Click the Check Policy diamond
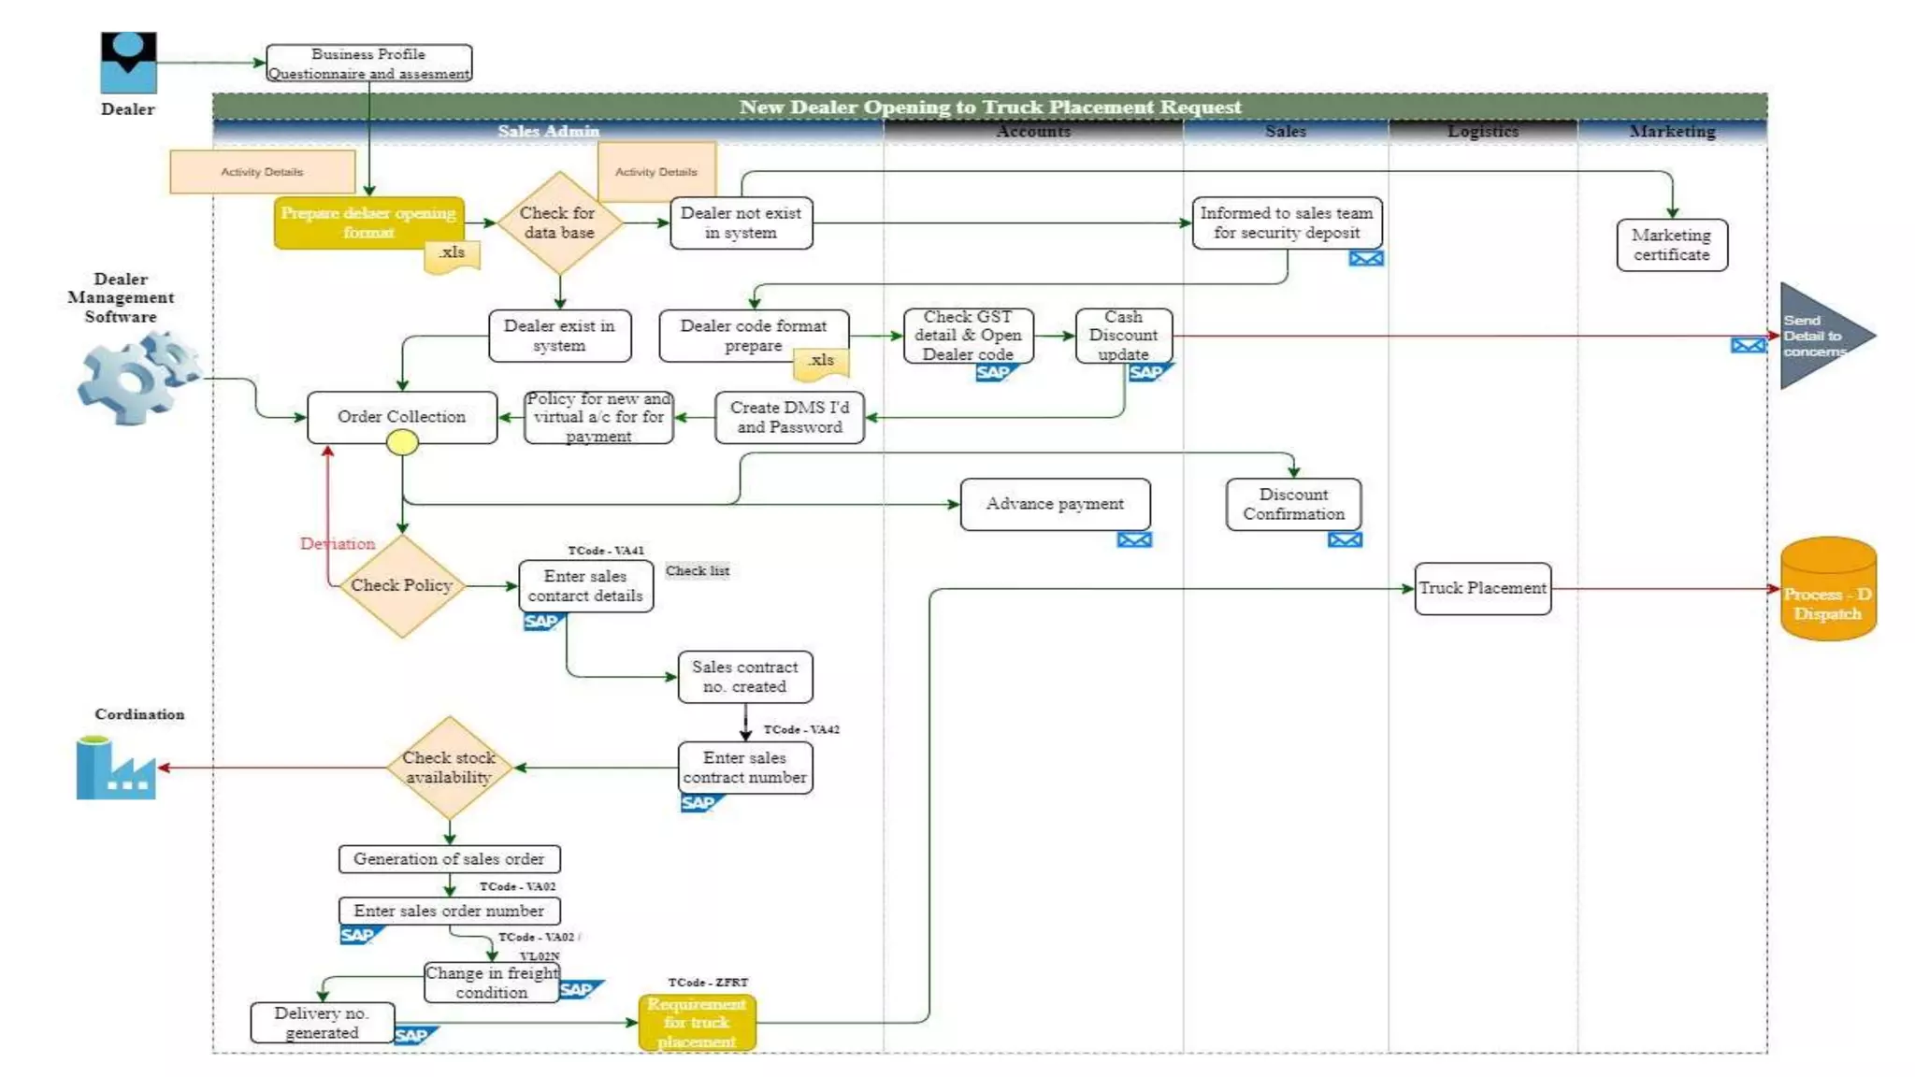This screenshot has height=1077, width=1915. tap(401, 586)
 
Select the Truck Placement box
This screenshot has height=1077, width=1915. tap(1482, 588)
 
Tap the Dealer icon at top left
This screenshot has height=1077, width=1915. tap(128, 63)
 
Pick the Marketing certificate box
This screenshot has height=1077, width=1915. tap(1671, 245)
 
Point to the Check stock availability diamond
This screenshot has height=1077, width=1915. tap(449, 768)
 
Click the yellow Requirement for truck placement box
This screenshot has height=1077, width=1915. tap(697, 1023)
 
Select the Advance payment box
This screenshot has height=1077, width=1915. tap(1055, 504)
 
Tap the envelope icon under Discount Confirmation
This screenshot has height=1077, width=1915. tap(1345, 540)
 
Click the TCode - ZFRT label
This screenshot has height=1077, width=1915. tap(708, 983)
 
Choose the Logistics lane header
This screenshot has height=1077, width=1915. tap(1482, 132)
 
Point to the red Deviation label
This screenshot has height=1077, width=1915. tap(338, 544)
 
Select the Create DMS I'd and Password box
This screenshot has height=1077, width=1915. tap(789, 417)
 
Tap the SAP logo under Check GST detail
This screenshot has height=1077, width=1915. tap(993, 373)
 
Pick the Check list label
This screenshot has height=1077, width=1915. tap(698, 571)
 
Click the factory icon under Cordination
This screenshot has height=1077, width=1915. tap(116, 768)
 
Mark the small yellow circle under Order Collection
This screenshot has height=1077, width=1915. tap(402, 443)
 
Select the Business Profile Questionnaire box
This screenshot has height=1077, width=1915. tap(368, 64)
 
